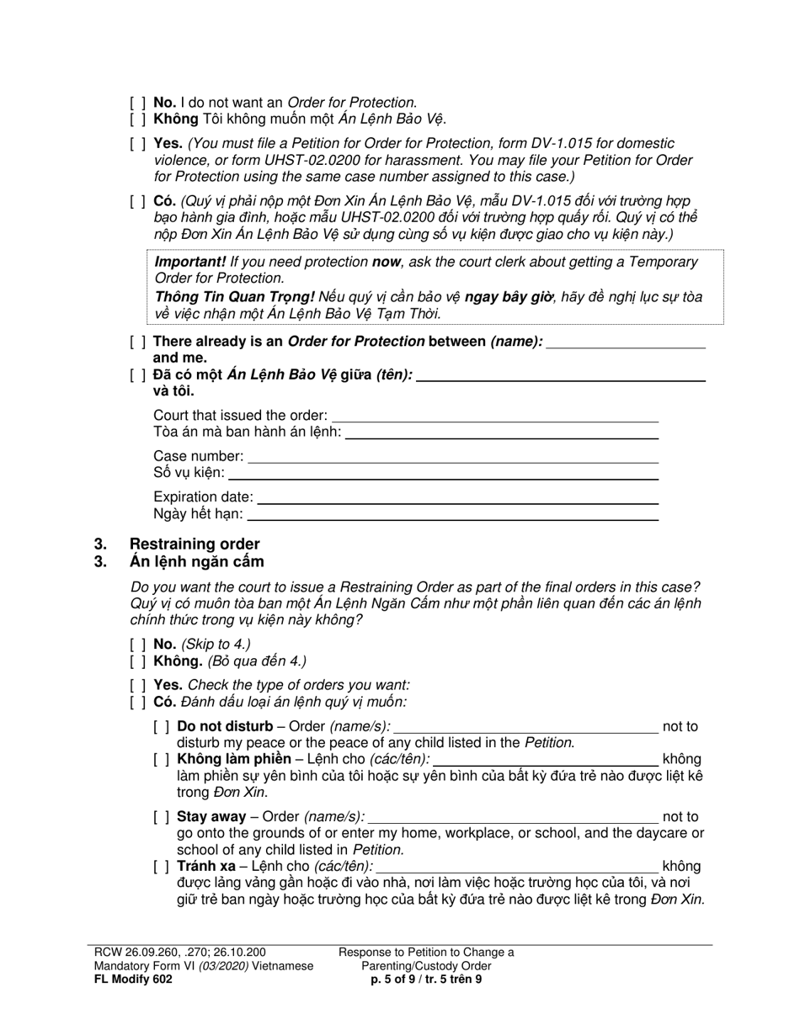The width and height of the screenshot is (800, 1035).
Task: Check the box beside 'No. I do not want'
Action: pos(138,103)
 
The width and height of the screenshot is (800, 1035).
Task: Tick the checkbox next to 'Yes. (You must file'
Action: pos(138,144)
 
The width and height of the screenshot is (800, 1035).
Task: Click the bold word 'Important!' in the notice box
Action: pos(189,262)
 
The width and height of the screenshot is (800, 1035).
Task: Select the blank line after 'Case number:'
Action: pos(453,457)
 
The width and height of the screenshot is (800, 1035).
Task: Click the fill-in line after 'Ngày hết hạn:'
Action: pos(452,514)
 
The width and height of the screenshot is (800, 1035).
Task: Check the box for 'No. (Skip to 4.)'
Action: pos(138,645)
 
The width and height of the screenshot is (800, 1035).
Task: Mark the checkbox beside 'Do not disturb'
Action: pos(162,727)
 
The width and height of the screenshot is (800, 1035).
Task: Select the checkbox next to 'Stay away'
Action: pos(162,817)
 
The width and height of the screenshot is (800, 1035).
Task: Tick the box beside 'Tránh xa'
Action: pos(162,867)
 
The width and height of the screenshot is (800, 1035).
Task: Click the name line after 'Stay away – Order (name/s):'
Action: pos(513,817)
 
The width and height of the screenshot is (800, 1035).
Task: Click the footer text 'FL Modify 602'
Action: pos(133,979)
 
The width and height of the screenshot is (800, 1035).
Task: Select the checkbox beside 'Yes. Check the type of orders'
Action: pos(138,685)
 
